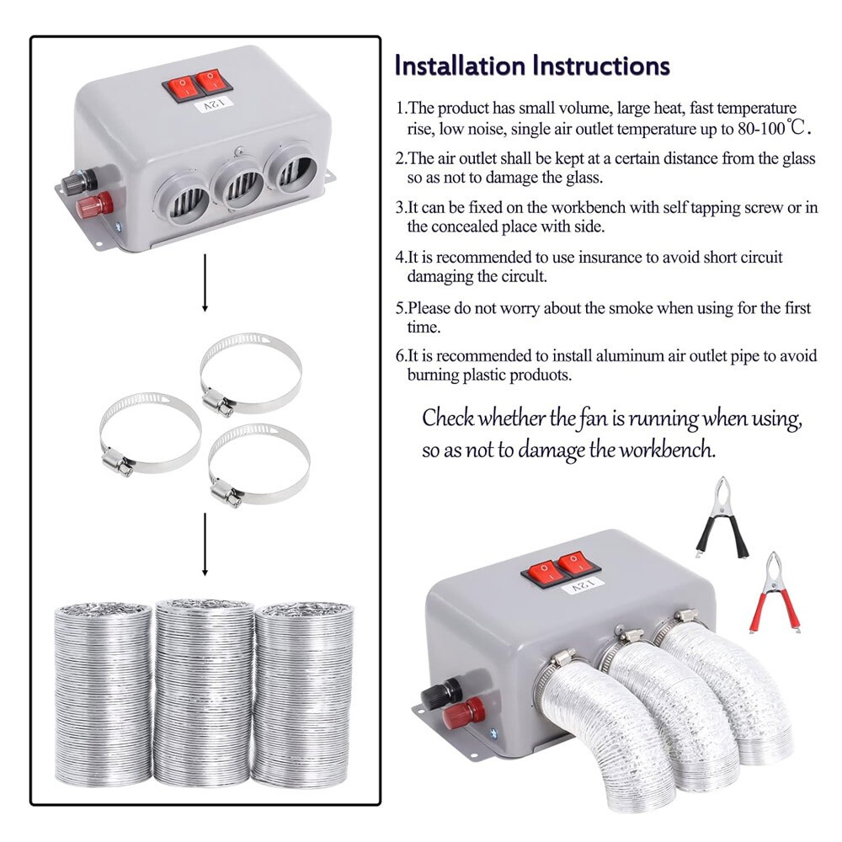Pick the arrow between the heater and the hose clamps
coord(205,286)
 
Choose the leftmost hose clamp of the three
coord(150,433)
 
